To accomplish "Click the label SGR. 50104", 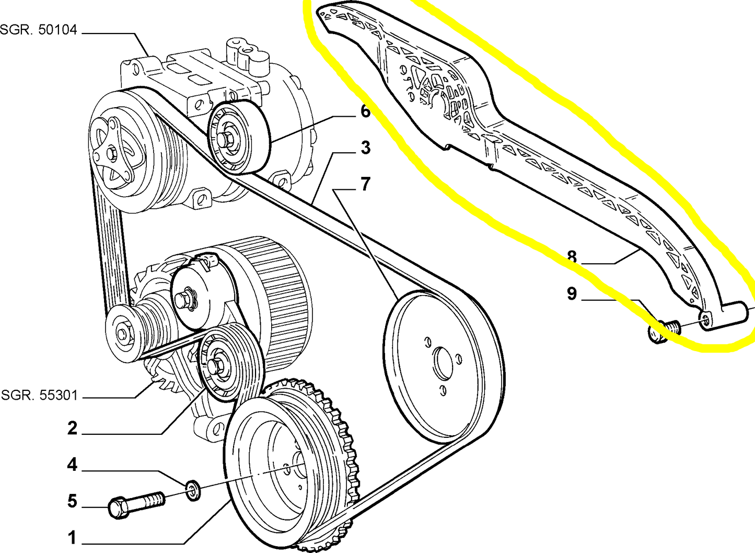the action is click(x=38, y=30).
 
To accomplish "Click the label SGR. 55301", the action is click(x=39, y=395).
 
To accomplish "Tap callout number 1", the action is click(x=72, y=537).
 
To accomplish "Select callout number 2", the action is click(x=72, y=428).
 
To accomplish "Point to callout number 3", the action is click(x=365, y=148).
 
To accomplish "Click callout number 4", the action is click(x=72, y=465).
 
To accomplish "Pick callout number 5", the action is click(x=72, y=501).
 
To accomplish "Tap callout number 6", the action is click(x=365, y=111).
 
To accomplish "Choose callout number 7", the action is click(x=366, y=184).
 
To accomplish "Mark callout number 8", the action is click(x=572, y=257).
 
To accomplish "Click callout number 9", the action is click(x=572, y=294).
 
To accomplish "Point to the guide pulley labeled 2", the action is click(x=230, y=362).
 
